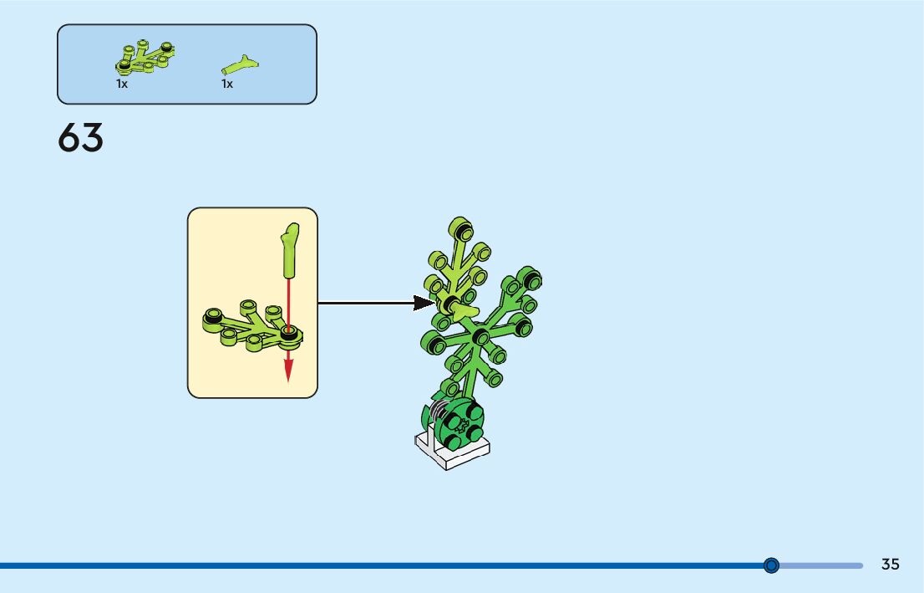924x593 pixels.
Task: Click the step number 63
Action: [x=81, y=138]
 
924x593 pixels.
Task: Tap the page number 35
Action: [x=890, y=565]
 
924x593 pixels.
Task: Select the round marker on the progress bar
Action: [x=771, y=565]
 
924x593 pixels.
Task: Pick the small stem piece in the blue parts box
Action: [x=240, y=63]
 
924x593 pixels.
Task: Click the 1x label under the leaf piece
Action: [x=122, y=84]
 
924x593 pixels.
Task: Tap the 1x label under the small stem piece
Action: [x=227, y=84]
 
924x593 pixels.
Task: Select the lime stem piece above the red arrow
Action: [x=290, y=248]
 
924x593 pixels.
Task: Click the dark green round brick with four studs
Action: [x=459, y=422]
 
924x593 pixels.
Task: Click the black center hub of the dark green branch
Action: [x=480, y=336]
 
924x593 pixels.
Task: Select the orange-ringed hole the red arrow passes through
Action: [x=289, y=333]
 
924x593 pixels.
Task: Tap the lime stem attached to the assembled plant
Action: [x=465, y=313]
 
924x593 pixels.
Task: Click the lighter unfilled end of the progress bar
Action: [x=823, y=565]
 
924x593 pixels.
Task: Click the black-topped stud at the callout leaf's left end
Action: [x=213, y=316]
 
